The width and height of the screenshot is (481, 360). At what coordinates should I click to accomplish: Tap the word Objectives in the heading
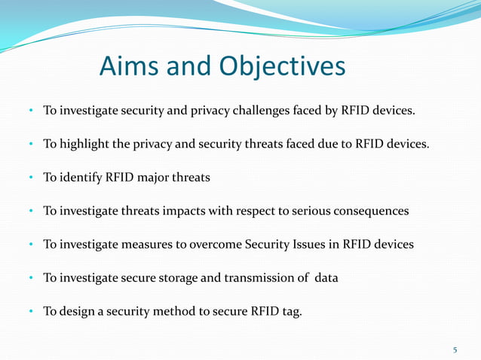(x=282, y=66)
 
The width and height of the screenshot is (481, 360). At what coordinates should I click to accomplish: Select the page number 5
(x=455, y=349)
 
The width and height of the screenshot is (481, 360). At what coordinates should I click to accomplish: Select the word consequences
(x=369, y=211)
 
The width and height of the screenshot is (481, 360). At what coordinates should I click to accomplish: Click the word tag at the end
(x=291, y=311)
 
